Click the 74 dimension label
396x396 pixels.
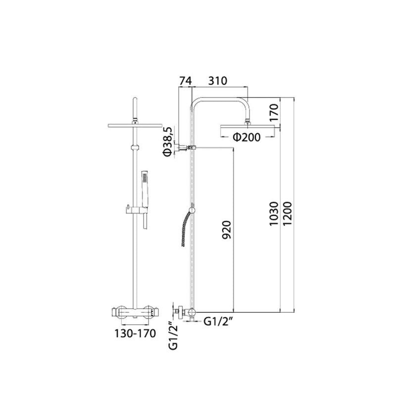click(186, 81)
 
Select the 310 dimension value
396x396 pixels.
click(218, 81)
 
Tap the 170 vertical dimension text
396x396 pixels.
click(274, 113)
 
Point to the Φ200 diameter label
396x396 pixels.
click(246, 138)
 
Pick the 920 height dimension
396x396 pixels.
click(227, 230)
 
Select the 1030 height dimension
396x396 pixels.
click(274, 214)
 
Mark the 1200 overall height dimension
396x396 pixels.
click(287, 214)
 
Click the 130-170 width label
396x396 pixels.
click(135, 333)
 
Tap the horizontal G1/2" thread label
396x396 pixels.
click(218, 321)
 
